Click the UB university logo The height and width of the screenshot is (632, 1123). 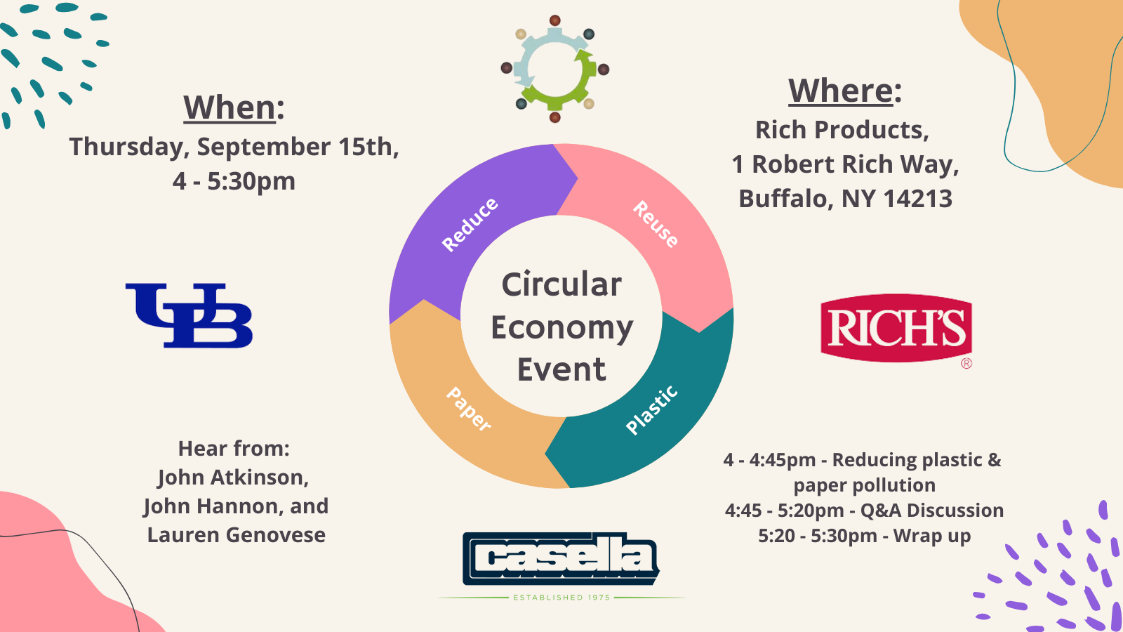pos(189,315)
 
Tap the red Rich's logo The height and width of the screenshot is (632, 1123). pos(896,329)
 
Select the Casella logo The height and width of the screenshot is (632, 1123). pos(561,558)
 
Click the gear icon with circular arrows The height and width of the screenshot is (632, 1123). pos(555,69)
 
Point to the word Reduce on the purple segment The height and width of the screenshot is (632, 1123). pos(470,225)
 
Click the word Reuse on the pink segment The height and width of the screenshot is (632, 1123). pos(656,224)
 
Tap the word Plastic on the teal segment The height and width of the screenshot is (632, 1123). pos(652,410)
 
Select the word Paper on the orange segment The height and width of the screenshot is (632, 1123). pos(469,409)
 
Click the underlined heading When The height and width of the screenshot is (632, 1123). pos(230,107)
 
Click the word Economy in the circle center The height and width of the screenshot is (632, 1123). pos(562,329)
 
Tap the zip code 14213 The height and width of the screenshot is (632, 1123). pos(917,199)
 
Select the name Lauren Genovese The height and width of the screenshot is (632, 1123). pos(236,535)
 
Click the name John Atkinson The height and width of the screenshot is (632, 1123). pos(233,478)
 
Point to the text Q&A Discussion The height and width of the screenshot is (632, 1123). pos(932,511)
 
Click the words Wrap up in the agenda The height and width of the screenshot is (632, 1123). pos(932,536)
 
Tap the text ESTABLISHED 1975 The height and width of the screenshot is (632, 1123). pos(561,598)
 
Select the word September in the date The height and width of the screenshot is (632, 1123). pos(264,147)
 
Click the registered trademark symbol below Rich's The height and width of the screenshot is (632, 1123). pos(966,364)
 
